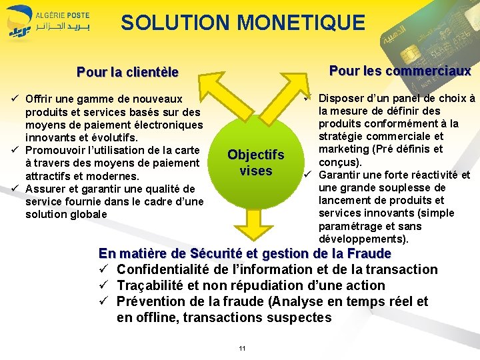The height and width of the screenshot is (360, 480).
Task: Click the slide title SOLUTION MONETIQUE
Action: (243, 23)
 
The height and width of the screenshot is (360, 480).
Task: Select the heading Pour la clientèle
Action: (128, 71)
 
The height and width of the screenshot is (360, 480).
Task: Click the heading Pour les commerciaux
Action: (400, 71)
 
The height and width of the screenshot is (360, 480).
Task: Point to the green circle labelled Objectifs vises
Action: (256, 162)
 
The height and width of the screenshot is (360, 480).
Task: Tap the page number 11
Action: (242, 349)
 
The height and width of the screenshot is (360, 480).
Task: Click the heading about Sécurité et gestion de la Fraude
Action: (245, 253)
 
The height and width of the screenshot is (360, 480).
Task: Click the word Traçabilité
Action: (151, 285)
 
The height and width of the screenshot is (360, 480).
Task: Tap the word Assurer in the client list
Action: (44, 189)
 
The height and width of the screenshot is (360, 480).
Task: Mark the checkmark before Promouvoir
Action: (15, 150)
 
